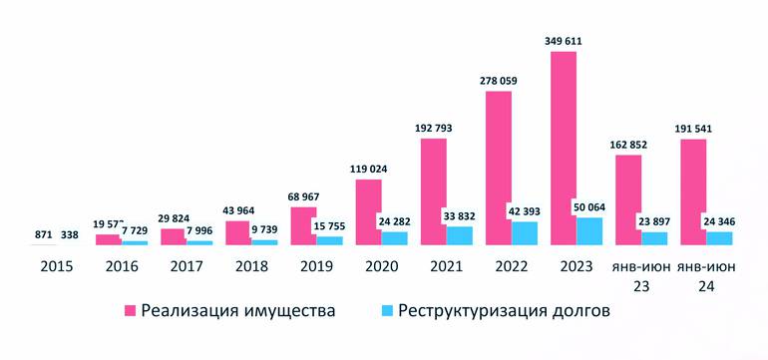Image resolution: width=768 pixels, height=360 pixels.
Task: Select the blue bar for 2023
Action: (x=589, y=231)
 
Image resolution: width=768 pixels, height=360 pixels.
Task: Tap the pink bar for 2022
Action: (x=499, y=168)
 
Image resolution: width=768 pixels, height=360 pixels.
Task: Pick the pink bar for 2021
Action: (x=434, y=191)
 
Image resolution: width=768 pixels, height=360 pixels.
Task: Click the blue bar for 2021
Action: (x=460, y=235)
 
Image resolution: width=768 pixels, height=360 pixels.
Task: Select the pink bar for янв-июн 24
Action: (x=693, y=191)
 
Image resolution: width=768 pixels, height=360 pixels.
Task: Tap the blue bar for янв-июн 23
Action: (x=654, y=238)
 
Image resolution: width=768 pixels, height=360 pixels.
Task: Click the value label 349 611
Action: (x=564, y=41)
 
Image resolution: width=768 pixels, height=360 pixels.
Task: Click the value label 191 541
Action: (x=693, y=129)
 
